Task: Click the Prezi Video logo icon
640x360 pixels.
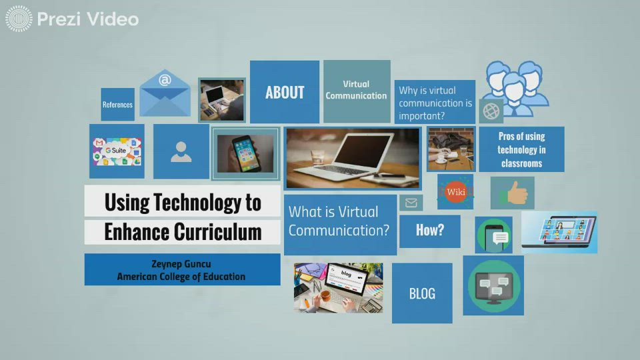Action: (x=19, y=19)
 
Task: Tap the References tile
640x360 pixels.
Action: (x=117, y=105)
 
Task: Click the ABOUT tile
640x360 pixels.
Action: (x=285, y=92)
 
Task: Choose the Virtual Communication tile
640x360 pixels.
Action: (x=356, y=91)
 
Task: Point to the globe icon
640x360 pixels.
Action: (x=491, y=110)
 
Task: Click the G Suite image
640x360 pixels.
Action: (x=117, y=151)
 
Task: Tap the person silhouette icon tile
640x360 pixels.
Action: (x=181, y=151)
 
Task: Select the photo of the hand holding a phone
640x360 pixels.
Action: (x=245, y=153)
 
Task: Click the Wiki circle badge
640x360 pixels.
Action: (x=456, y=192)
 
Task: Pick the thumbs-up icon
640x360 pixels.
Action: (x=513, y=193)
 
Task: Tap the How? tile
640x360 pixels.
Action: (x=429, y=231)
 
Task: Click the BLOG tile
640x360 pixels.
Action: (x=422, y=293)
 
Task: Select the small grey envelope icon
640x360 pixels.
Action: (x=411, y=203)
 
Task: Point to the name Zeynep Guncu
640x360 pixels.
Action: (x=181, y=264)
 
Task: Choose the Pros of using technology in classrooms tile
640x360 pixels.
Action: (x=521, y=149)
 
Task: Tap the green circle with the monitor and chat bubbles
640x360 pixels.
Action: (x=493, y=286)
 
